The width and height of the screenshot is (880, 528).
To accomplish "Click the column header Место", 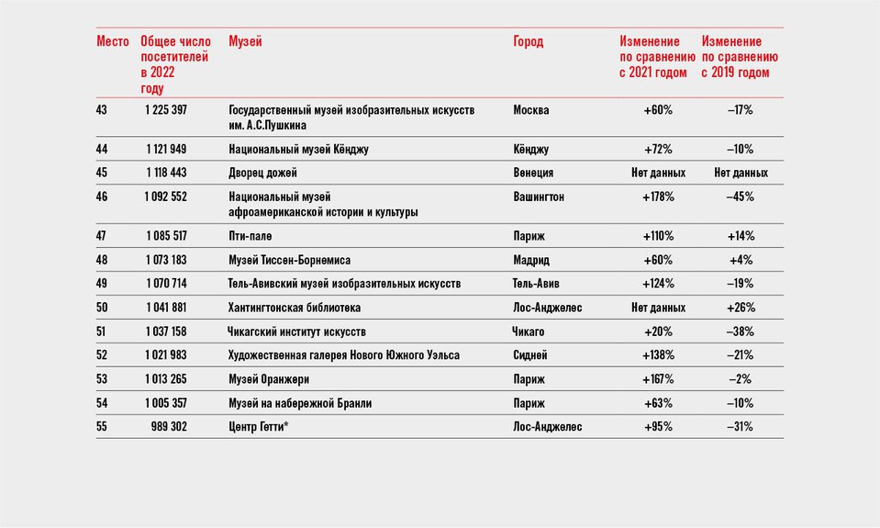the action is [x=112, y=41].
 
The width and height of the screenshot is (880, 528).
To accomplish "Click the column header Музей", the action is [x=245, y=41].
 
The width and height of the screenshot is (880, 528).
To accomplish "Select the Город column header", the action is [x=529, y=42].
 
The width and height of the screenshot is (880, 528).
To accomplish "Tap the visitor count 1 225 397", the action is [x=165, y=110].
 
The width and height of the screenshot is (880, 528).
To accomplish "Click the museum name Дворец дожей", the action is [x=262, y=173].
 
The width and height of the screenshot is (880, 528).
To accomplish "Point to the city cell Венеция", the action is [x=532, y=173].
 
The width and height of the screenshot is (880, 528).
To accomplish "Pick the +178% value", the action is [x=658, y=197].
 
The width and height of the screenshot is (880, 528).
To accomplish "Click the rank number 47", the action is [x=101, y=236].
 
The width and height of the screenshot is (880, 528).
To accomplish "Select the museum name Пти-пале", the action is [x=250, y=236].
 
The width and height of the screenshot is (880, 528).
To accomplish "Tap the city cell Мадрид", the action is [x=531, y=260].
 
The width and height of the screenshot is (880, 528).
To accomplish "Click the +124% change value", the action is [x=658, y=284].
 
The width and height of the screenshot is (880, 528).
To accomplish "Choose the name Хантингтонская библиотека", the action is [x=294, y=308].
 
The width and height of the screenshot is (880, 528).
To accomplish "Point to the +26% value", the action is [x=741, y=308].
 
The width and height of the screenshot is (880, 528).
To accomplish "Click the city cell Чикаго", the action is [x=528, y=331].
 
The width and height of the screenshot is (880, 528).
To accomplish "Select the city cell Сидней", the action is [x=529, y=355].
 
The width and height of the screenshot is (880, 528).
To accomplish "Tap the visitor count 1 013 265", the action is [x=166, y=379].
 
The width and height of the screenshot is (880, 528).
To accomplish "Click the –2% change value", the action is [x=741, y=379].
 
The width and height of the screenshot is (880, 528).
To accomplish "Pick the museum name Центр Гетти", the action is [x=258, y=427].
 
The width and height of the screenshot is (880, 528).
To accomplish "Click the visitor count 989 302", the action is [x=169, y=427].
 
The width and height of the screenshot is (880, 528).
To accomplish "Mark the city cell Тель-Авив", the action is [x=535, y=284].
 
